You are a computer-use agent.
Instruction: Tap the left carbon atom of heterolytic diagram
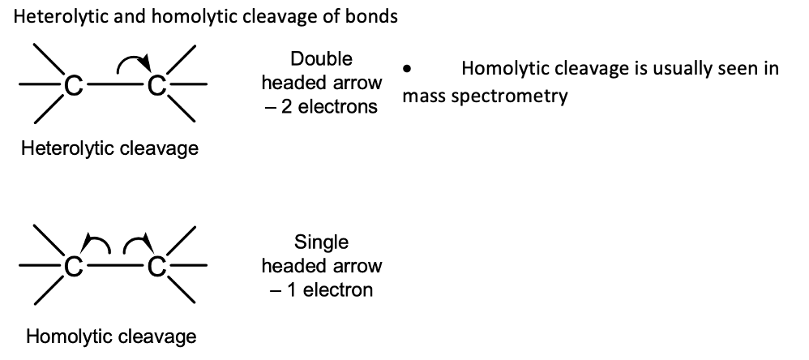[x=73, y=85]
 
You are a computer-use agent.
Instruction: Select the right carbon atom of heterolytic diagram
[x=156, y=85]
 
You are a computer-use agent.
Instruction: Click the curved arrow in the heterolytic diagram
[x=132, y=59]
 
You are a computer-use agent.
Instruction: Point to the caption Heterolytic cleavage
[x=109, y=148]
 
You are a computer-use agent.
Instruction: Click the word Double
[x=322, y=59]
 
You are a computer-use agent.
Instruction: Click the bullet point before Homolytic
[x=408, y=68]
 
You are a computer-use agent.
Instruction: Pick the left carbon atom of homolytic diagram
[x=73, y=267]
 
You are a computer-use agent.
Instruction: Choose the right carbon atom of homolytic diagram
[x=156, y=267]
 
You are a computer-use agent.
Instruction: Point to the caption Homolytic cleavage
[x=111, y=336]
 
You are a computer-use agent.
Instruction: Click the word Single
[x=322, y=242]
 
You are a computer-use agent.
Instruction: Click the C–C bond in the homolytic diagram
[x=114, y=266]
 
